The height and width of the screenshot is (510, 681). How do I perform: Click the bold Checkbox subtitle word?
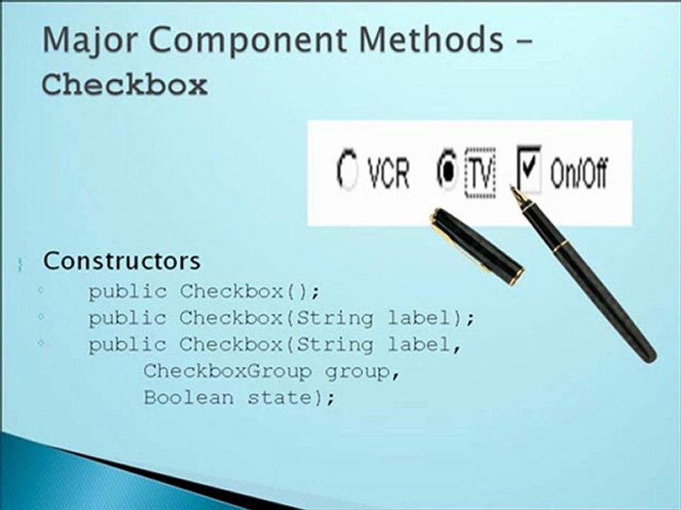point(125,85)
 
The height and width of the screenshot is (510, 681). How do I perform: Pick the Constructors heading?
point(121,261)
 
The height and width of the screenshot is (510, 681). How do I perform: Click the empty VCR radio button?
point(347,173)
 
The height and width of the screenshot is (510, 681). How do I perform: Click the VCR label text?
point(389,174)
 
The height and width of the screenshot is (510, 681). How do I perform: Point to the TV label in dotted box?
point(480,173)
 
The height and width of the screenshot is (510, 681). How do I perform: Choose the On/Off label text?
point(579,174)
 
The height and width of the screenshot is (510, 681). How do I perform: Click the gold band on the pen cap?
point(514,276)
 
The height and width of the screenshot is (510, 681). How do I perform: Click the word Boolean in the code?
point(188,397)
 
